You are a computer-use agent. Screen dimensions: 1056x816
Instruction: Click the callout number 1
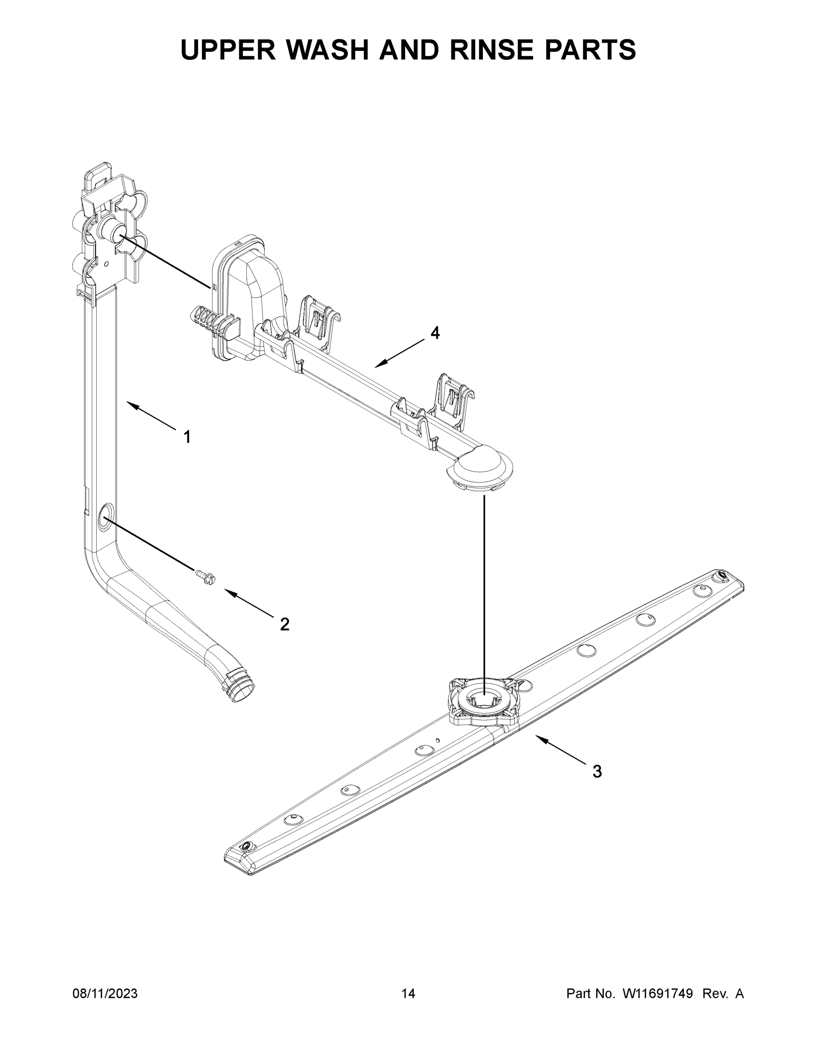pyautogui.click(x=187, y=437)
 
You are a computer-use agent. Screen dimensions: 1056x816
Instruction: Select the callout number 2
pyautogui.click(x=285, y=624)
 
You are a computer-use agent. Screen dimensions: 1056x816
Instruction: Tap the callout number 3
pyautogui.click(x=597, y=772)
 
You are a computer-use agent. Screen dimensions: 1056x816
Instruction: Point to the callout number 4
pyautogui.click(x=435, y=333)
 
